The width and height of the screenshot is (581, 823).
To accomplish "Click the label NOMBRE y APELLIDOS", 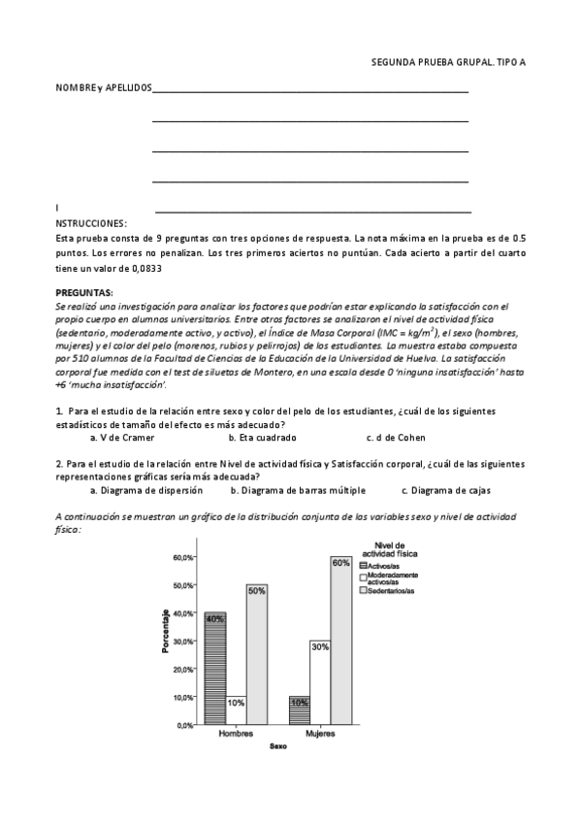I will point(104,88).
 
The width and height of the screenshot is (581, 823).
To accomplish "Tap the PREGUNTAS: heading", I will point(84,292).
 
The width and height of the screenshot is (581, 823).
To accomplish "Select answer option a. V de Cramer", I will point(122,438).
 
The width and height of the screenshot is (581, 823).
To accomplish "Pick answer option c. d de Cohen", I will point(398,438).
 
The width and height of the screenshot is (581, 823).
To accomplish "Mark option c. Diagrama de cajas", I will point(447,491).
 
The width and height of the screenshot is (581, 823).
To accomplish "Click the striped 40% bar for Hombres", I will point(214,669).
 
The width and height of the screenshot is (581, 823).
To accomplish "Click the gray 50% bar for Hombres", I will point(257,654).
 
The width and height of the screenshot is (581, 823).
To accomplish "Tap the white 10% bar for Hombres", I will point(236,710).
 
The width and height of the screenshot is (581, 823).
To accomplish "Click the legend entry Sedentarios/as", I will point(391,590).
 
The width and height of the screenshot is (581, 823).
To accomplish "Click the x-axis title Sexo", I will point(277,747).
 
